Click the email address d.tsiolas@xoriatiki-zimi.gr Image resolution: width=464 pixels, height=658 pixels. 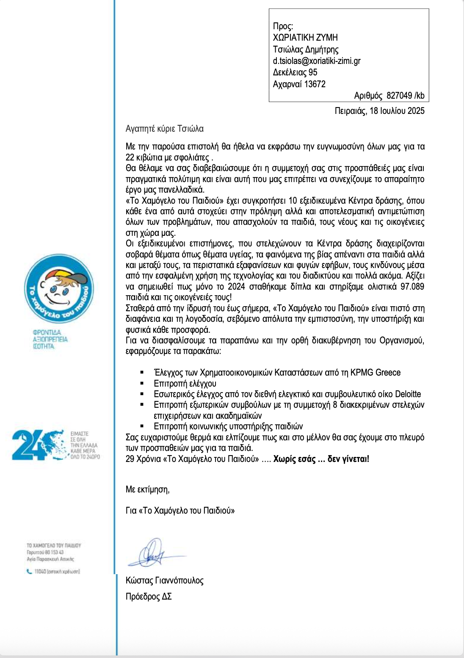tap(317, 61)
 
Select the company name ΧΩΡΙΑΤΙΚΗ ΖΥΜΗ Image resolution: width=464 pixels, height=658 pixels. tap(305, 37)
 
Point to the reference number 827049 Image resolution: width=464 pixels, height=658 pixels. tap(399, 95)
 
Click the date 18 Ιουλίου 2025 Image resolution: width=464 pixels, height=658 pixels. tap(397, 111)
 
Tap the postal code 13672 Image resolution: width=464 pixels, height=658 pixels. tap(315, 84)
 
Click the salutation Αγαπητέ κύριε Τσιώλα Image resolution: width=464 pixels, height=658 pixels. tap(164, 128)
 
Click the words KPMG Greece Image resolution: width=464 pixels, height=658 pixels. tap(376, 373)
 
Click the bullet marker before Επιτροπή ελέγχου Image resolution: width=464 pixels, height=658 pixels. tap(142, 384)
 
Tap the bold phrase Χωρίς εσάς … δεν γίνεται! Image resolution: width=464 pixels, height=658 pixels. tap(321, 459)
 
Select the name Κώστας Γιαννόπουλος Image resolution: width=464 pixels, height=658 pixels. tap(164, 580)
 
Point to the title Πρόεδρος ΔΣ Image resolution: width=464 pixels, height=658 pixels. tap(149, 597)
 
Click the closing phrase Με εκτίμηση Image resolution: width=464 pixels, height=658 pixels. tap(147, 489)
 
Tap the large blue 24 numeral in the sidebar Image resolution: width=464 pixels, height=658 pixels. tap(28, 445)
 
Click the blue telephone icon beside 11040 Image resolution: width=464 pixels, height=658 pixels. tap(29, 571)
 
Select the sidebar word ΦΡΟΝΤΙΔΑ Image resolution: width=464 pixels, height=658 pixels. tap(47, 332)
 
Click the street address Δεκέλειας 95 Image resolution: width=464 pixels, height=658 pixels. tap(295, 72)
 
